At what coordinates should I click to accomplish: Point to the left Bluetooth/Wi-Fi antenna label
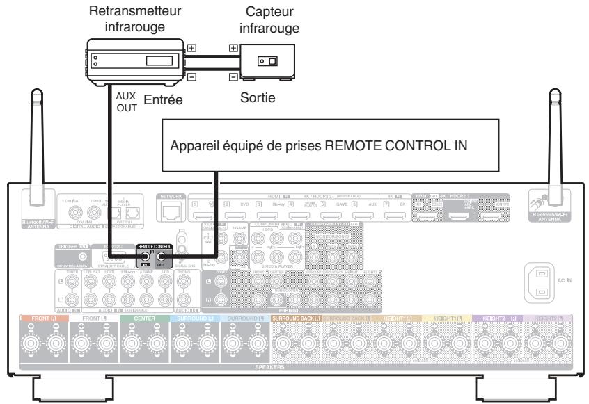[34, 223]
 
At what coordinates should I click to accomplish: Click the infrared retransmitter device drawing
[133, 60]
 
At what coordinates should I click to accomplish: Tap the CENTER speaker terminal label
[136, 317]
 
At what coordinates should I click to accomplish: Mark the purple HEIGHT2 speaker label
[501, 317]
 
